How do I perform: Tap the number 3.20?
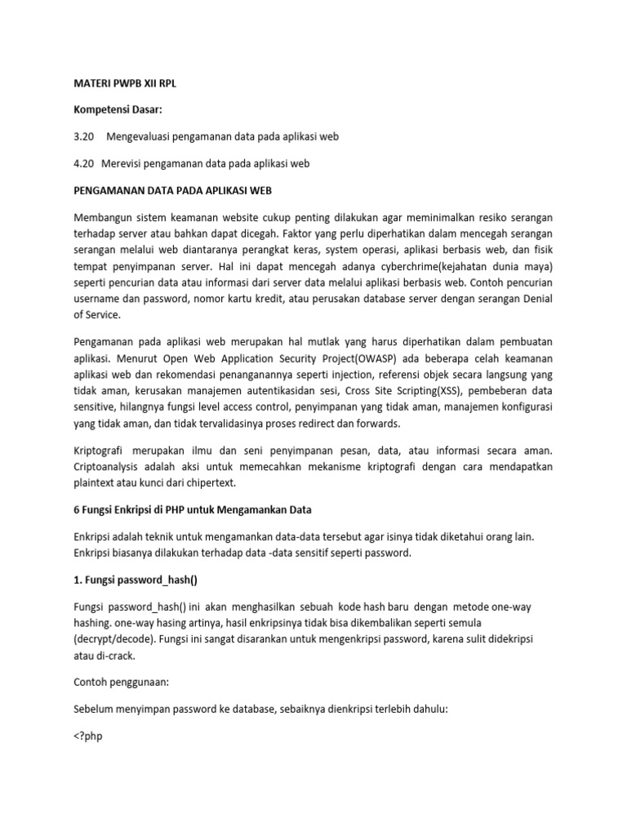pos(84,137)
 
